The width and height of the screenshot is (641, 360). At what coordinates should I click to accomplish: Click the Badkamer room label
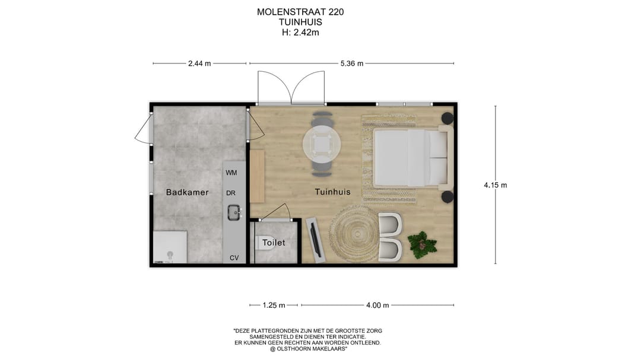[187, 192]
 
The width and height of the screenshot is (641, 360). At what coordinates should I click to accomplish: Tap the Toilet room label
[274, 243]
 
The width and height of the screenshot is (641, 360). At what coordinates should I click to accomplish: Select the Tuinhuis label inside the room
[332, 192]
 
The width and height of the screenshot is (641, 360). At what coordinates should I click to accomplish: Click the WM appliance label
[231, 173]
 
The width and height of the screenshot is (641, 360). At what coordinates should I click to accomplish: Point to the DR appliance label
[231, 193]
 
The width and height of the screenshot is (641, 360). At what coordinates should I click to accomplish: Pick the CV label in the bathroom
[234, 258]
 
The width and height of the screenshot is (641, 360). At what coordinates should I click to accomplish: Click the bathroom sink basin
[234, 211]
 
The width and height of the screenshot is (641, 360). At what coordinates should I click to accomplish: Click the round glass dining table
[322, 143]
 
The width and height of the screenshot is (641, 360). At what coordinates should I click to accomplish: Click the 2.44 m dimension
[199, 63]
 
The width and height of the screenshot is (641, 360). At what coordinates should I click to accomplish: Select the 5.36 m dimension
[351, 63]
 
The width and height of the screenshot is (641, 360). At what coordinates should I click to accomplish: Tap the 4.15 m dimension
[495, 185]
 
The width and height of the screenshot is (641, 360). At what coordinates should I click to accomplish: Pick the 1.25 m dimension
[274, 305]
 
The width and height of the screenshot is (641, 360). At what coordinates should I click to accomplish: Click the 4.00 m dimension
[377, 305]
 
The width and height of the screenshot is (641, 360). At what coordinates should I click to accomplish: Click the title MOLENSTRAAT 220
[300, 12]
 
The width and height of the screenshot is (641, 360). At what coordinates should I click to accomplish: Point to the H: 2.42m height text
[300, 33]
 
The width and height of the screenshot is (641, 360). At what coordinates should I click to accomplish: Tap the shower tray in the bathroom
[170, 247]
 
